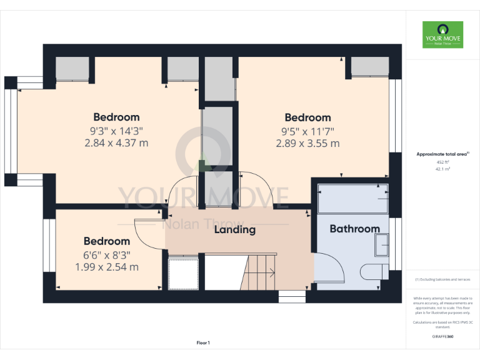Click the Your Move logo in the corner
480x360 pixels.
pos(442,35)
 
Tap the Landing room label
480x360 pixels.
pos(235,229)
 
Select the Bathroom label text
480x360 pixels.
pos(354,229)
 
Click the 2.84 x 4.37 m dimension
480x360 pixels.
pos(116,142)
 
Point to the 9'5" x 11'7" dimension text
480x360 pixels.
pos(307,131)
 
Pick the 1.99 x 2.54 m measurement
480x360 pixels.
pos(107,267)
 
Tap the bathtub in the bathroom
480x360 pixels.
pos(353,198)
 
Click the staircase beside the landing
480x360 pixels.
pos(258,272)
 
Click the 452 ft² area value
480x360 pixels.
pos(442,162)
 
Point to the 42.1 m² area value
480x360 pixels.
pos(442,169)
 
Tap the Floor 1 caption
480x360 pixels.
pos(203,342)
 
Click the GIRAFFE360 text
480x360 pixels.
pos(442,337)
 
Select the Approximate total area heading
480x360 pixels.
pos(442,154)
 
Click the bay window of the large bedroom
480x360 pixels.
pos(11,131)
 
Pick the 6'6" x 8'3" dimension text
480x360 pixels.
pos(107,255)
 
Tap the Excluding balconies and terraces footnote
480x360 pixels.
pos(442,279)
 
